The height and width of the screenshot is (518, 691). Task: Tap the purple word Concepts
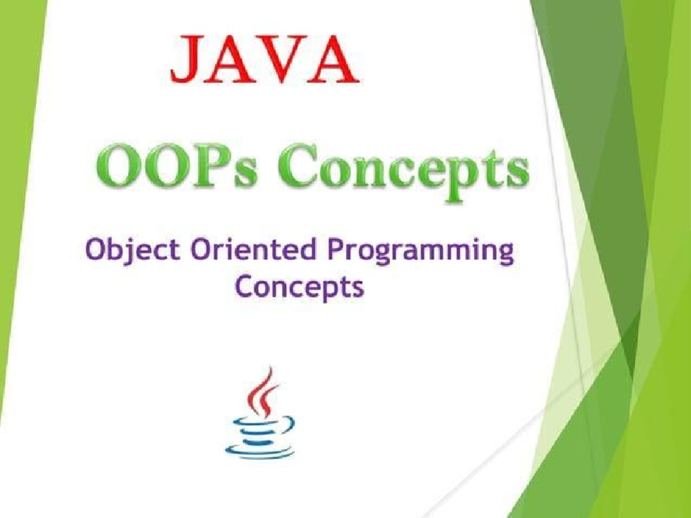tap(299, 287)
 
